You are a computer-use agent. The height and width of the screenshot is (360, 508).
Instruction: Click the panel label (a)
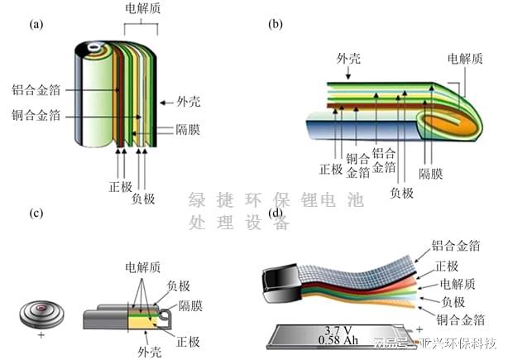point(36,24)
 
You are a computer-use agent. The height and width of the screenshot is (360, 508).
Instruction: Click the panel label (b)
point(276,24)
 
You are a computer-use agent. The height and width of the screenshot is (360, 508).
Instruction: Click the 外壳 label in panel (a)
point(188,103)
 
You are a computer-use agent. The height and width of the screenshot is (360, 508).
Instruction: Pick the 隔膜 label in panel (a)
point(188,130)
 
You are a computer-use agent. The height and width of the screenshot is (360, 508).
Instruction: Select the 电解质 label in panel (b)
point(465,59)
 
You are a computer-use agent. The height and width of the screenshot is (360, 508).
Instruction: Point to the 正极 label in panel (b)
point(330,170)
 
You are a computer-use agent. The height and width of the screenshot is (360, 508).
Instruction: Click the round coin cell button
point(41,314)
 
